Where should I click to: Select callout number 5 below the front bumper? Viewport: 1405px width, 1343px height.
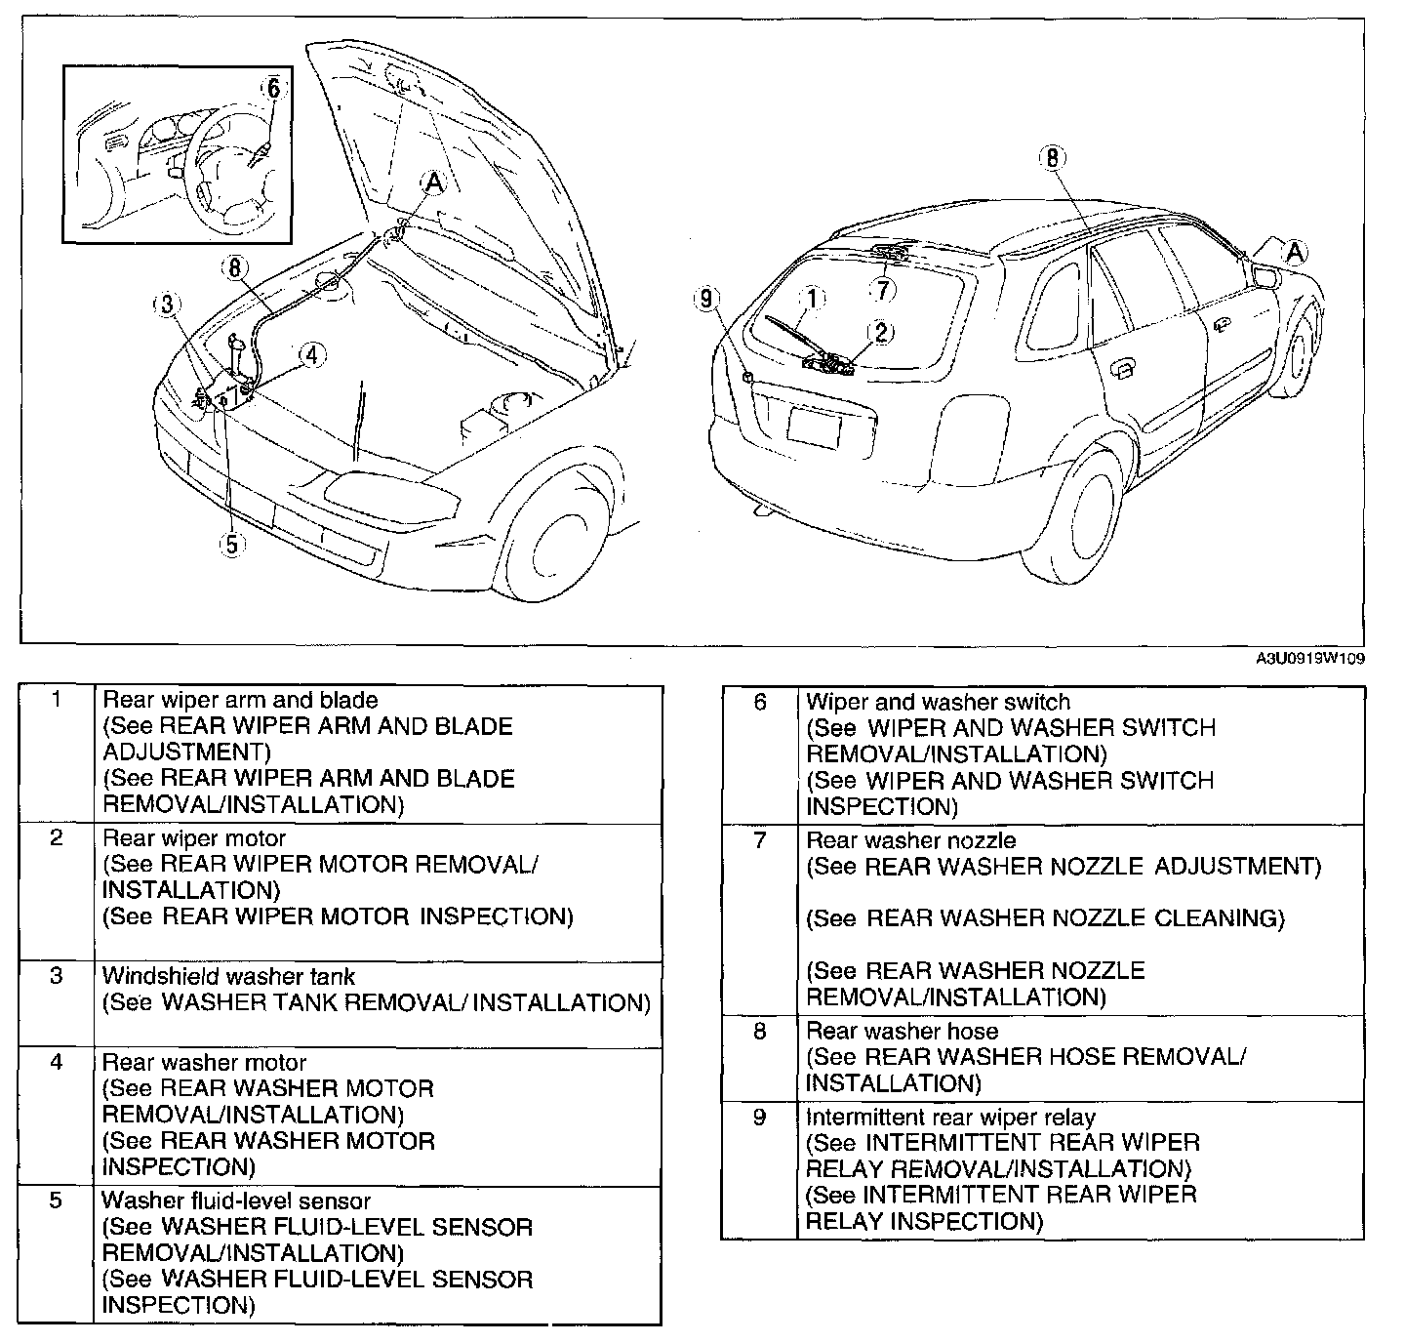pyautogui.click(x=231, y=544)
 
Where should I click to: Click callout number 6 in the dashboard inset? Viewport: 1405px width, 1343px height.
pyautogui.click(x=273, y=89)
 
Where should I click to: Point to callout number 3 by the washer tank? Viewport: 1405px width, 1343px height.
pyautogui.click(x=168, y=305)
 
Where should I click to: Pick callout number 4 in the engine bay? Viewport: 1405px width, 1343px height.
pyautogui.click(x=311, y=355)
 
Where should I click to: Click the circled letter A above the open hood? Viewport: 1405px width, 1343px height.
pyautogui.click(x=433, y=182)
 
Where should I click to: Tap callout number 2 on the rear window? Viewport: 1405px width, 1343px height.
pyautogui.click(x=880, y=332)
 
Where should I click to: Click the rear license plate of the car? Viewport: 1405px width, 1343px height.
pyautogui.click(x=813, y=427)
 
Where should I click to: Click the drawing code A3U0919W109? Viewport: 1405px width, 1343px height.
pyautogui.click(x=1309, y=659)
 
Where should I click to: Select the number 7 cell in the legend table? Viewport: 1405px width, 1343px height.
pyautogui.click(x=760, y=840)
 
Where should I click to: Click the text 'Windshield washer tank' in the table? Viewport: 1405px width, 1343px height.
pyautogui.click(x=228, y=976)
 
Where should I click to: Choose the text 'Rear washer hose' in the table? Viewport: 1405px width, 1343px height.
pyautogui.click(x=902, y=1031)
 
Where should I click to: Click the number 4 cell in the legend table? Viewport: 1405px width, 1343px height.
pyautogui.click(x=57, y=1062)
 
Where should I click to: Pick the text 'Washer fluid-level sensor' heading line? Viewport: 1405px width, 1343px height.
pyautogui.click(x=235, y=1201)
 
